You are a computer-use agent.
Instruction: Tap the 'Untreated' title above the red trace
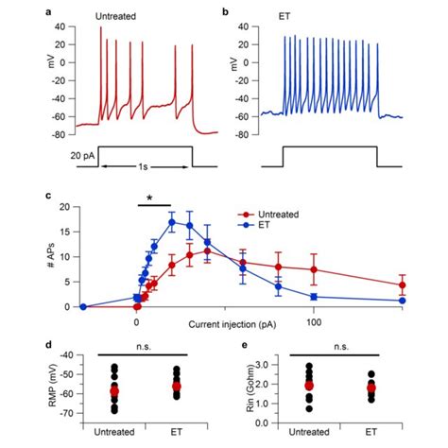coord(119,17)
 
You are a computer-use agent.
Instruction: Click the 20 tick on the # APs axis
coord(64,207)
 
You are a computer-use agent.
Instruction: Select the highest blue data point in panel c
coord(172,222)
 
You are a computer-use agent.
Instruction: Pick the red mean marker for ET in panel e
coord(371,388)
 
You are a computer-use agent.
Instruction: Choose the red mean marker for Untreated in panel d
coord(115,389)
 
